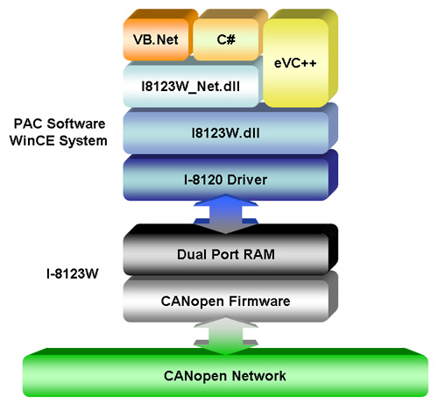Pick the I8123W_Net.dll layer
191,85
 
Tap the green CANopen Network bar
225,373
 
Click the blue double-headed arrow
225,214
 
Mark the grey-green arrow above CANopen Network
225,336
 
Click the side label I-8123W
73,273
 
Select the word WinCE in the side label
32,141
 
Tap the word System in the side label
83,142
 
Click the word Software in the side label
76,124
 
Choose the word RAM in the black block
259,254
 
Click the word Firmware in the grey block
259,301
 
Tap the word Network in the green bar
259,376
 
